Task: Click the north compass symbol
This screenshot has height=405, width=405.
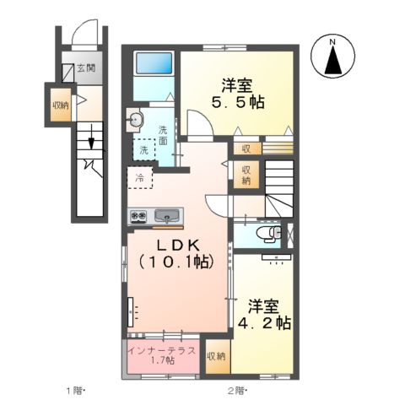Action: tap(332, 57)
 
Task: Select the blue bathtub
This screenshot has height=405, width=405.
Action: tap(154, 63)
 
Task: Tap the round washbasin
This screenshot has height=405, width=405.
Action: tap(135, 120)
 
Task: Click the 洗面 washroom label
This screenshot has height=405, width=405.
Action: tap(163, 136)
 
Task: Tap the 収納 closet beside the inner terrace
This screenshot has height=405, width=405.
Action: tap(216, 356)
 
